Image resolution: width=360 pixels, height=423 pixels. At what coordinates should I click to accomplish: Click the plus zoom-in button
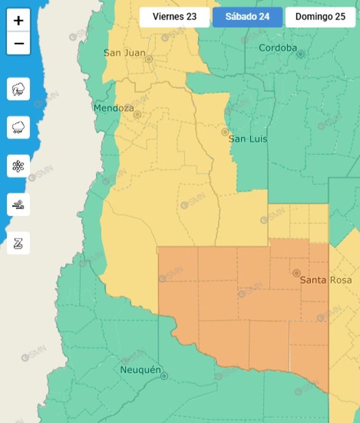[x=18, y=20]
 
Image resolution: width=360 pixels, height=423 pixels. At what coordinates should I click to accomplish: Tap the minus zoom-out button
[x=18, y=44]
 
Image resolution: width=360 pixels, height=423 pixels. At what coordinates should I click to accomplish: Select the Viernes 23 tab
[x=174, y=17]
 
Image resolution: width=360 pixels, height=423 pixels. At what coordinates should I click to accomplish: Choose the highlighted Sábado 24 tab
[x=247, y=17]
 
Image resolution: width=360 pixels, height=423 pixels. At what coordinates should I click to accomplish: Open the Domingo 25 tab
[x=320, y=17]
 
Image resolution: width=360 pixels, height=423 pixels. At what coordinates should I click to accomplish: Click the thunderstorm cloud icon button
[x=18, y=89]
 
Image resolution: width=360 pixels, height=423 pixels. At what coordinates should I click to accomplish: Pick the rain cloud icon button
[x=18, y=127]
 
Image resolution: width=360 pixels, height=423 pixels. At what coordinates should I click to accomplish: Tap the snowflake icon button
[x=18, y=166]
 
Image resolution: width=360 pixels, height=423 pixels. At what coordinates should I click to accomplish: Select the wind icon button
[x=18, y=205]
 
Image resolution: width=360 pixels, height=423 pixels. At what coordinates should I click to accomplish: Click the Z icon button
[x=18, y=243]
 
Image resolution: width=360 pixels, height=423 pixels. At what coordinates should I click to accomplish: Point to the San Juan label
[x=125, y=53]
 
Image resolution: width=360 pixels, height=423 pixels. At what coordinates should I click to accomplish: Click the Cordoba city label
[x=278, y=48]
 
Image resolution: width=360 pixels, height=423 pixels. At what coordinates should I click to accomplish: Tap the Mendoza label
[x=114, y=108]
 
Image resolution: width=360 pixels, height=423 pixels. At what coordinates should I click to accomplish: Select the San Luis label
[x=248, y=139]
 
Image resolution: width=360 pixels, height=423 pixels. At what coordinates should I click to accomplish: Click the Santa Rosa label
[x=326, y=280]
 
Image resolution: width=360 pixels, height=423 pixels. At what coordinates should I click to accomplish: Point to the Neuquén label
[x=141, y=370]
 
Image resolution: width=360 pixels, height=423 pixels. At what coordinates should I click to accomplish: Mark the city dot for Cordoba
[x=300, y=54]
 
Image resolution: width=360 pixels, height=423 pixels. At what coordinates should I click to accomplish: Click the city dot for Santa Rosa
[x=297, y=273]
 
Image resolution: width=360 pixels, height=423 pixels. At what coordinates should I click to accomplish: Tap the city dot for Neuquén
[x=164, y=376]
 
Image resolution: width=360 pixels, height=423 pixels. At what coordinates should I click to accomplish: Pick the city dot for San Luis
[x=225, y=132]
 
